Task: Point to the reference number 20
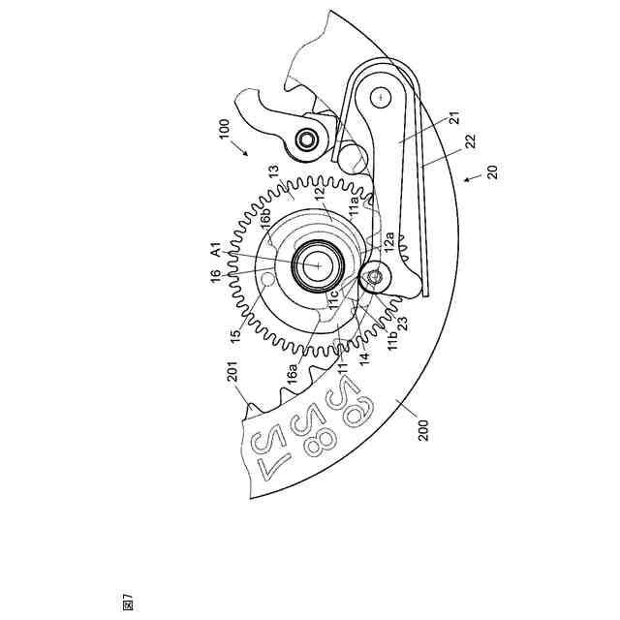pos(493,170)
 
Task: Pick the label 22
pos(469,141)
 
